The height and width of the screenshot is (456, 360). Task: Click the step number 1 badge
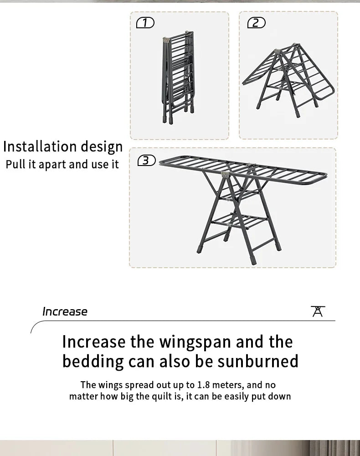pos(145,23)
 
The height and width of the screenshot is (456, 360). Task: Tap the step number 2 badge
pos(256,23)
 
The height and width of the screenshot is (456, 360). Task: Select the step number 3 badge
pos(146,160)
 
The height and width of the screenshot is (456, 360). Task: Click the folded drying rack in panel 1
pos(178,77)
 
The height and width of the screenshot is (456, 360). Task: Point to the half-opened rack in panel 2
pos(288,80)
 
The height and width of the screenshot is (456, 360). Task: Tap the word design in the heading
pos(102,147)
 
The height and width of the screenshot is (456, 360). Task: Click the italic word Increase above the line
pos(65,311)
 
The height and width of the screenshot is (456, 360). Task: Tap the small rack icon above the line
pos(318,311)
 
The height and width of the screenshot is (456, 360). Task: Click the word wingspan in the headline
pos(195,342)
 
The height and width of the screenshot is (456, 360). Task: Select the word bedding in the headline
pos(93,362)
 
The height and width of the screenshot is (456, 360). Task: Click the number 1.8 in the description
pos(203,385)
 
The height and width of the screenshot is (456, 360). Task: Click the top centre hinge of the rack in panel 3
pos(226,174)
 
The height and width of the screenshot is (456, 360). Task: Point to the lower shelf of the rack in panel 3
pos(239,221)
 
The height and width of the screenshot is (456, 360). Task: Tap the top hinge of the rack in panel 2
pos(277,51)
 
